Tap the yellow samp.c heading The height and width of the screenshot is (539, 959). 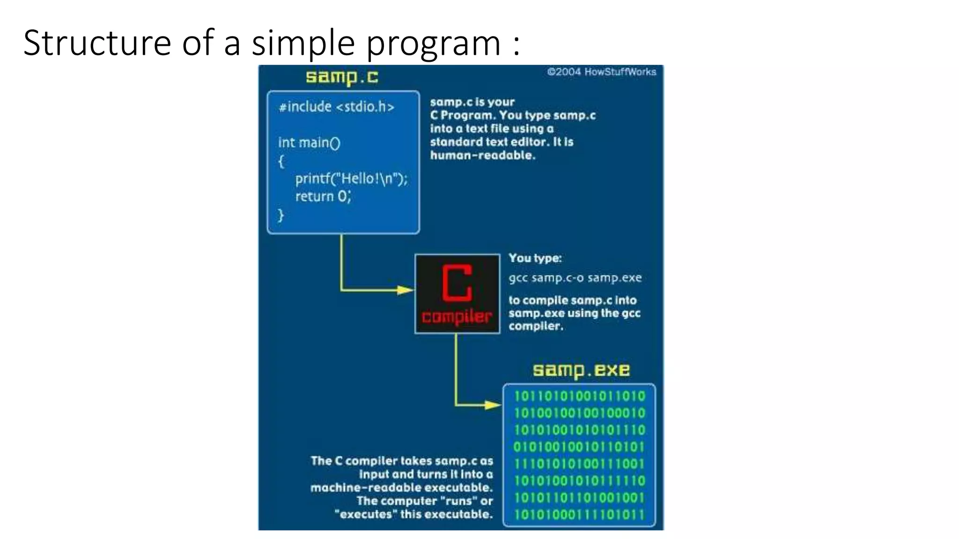tap(342, 77)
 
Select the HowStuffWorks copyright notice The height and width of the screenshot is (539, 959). tap(601, 72)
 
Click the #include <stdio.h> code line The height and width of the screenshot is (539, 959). tap(336, 107)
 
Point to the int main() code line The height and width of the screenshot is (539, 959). tap(309, 143)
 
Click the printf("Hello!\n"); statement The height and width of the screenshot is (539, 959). tap(351, 179)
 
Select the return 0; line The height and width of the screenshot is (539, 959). tap(323, 196)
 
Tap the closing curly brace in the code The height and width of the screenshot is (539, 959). tap(281, 215)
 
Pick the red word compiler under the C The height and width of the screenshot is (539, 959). tap(457, 317)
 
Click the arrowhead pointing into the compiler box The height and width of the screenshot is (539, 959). tap(405, 290)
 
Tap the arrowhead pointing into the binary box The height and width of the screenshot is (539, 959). tap(493, 405)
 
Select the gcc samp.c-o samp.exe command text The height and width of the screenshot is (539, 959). tap(575, 278)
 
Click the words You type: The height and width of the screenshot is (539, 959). tap(535, 258)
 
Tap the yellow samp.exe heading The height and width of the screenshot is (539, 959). tap(581, 370)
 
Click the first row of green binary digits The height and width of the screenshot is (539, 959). tap(579, 396)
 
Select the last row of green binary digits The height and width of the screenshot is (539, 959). tap(579, 515)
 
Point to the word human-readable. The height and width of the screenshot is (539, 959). tap(482, 155)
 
